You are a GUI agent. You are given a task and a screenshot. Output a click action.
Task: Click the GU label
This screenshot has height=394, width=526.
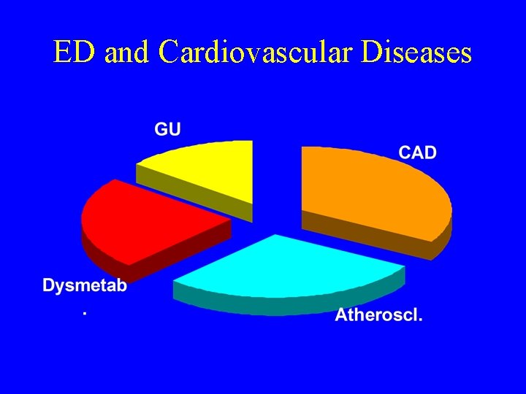point(167,129)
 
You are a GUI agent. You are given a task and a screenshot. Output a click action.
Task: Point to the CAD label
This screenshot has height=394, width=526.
point(417,152)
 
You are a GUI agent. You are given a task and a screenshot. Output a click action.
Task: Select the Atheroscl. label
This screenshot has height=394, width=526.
point(378,316)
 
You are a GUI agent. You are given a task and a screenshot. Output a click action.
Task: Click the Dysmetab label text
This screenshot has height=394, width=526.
point(85,286)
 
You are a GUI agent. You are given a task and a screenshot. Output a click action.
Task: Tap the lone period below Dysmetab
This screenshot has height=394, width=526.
point(85,312)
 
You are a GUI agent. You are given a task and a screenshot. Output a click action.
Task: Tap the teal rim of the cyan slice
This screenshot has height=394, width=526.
point(292,305)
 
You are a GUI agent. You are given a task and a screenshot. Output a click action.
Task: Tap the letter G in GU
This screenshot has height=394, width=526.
point(161,129)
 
